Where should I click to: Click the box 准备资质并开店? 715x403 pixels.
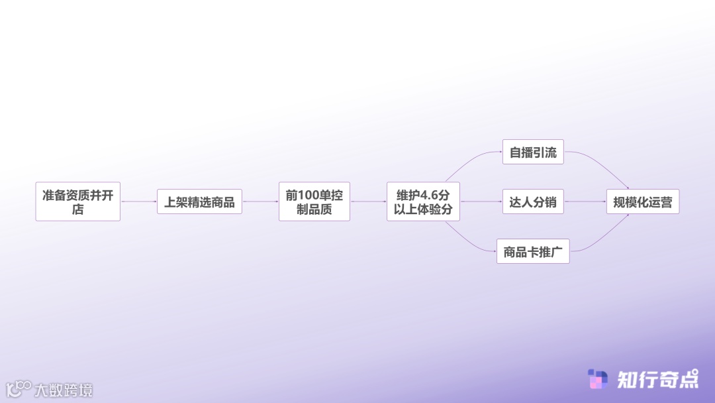pyautogui.click(x=78, y=201)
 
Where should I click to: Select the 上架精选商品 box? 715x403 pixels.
pyautogui.click(x=199, y=201)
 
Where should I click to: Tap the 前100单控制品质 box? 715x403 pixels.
pyautogui.click(x=314, y=201)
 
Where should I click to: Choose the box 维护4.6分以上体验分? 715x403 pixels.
pyautogui.click(x=423, y=201)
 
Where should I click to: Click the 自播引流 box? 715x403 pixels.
pyautogui.click(x=533, y=152)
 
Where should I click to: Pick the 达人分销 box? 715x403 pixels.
pyautogui.click(x=533, y=201)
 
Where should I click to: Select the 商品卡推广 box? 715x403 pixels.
pyautogui.click(x=533, y=251)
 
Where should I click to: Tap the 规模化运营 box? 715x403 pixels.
pyautogui.click(x=642, y=201)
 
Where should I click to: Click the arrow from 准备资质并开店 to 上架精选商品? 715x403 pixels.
pyautogui.click(x=138, y=201)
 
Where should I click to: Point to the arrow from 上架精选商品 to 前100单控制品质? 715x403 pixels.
pyautogui.click(x=260, y=201)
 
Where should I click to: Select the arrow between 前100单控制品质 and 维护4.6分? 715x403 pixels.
pyautogui.click(x=368, y=201)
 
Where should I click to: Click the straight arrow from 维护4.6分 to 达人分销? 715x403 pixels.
pyautogui.click(x=481, y=201)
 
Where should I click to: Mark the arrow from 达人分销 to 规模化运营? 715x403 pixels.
pyautogui.click(x=585, y=201)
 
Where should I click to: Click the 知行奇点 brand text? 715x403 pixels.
pyautogui.click(x=657, y=379)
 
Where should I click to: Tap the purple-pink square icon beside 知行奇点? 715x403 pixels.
pyautogui.click(x=598, y=379)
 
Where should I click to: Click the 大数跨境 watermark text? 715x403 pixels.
pyautogui.click(x=64, y=390)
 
